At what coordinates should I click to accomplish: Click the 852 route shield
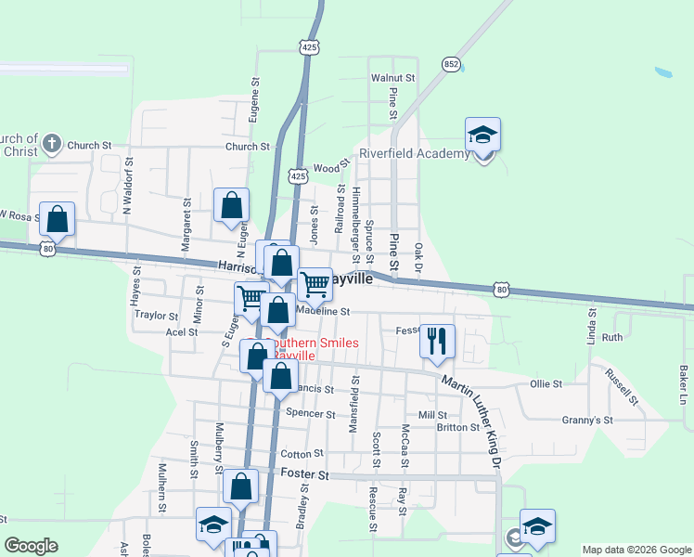point(451,64)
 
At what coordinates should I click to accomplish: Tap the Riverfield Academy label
point(414,154)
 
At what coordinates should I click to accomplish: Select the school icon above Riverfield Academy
point(482,136)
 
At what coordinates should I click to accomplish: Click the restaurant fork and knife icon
point(437,340)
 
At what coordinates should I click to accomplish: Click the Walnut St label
point(392,78)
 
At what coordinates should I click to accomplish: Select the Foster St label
point(305,474)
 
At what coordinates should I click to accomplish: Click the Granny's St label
point(587,421)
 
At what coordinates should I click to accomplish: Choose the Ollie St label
point(546,383)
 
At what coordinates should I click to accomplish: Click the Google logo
point(31,546)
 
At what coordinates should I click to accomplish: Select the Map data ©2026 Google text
point(636,550)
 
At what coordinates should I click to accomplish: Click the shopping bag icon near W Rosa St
point(57,220)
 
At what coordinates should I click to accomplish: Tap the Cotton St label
point(302,454)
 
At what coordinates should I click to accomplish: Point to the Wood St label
point(327,168)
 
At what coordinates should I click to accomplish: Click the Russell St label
point(622,388)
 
